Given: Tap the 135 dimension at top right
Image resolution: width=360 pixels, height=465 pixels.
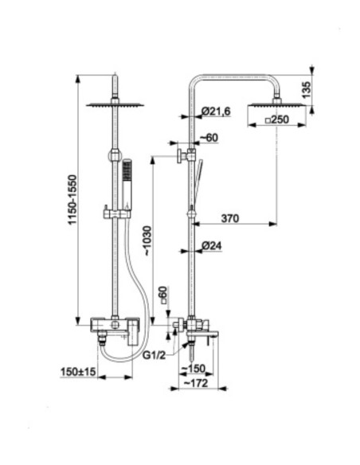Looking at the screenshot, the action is (x=307, y=90).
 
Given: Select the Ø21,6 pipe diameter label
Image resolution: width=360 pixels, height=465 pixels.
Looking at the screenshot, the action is (x=216, y=111).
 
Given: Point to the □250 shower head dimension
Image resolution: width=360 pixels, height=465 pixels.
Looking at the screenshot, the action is (x=276, y=119).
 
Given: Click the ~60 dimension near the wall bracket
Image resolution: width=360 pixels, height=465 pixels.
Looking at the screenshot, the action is (x=209, y=138).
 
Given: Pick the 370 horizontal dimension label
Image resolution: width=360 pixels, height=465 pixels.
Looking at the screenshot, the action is (x=230, y=218).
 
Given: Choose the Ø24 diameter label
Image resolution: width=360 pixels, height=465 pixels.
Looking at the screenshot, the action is (x=212, y=245).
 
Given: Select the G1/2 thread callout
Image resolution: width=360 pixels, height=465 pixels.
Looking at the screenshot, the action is (x=154, y=355).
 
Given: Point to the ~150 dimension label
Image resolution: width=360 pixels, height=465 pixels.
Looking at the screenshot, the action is (x=194, y=369).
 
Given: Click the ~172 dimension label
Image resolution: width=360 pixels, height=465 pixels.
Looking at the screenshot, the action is (x=196, y=383).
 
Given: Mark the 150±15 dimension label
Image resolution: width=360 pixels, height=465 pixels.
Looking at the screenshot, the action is (x=78, y=371).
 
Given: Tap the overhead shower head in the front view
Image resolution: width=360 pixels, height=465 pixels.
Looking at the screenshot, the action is (x=115, y=104).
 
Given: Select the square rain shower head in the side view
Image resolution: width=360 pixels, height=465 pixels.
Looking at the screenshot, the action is (x=277, y=104).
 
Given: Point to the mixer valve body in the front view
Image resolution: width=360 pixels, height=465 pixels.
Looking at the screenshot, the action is (x=115, y=324).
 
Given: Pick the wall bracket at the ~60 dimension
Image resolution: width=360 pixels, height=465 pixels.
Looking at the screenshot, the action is (x=186, y=155).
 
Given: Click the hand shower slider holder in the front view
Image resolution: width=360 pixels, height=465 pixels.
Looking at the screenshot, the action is (x=117, y=213).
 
